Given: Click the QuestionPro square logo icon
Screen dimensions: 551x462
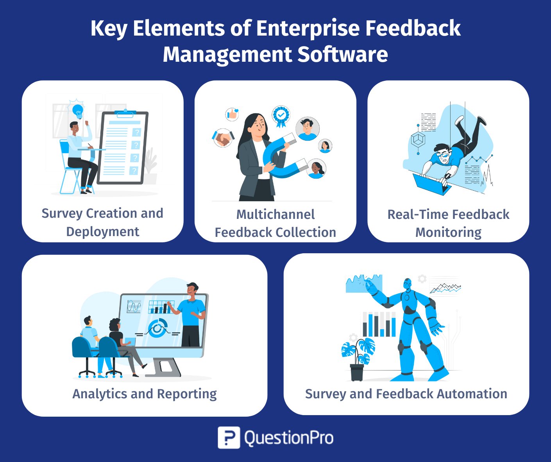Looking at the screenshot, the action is (229, 437).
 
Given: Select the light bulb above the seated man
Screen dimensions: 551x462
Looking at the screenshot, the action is (78, 111).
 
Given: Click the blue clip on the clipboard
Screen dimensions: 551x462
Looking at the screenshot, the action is (125, 113).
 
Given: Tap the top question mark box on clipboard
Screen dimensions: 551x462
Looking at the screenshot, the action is (137, 132).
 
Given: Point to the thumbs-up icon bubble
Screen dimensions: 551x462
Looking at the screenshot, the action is (232, 115).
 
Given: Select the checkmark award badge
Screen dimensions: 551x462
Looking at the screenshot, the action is (281, 116).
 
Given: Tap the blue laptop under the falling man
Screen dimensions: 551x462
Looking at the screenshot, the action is (432, 184).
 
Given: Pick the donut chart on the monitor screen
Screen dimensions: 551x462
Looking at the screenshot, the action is (157, 328).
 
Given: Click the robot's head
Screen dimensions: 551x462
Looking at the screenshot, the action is (407, 285).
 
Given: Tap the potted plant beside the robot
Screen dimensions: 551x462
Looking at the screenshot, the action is (358, 359).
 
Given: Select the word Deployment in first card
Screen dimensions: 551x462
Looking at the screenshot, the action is (103, 232).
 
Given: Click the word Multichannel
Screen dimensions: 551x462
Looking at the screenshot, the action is (275, 214).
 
